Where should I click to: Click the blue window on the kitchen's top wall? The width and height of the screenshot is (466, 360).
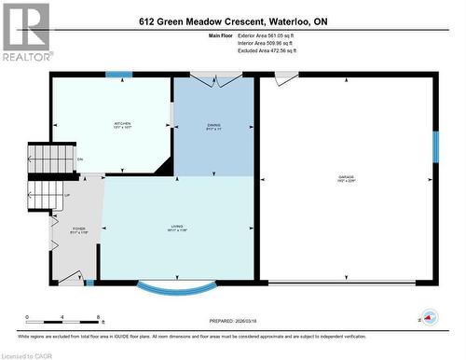coord(118,75)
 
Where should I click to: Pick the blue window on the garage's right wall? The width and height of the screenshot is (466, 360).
coord(434,146)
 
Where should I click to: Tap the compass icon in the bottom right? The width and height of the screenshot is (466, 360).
coord(429,318)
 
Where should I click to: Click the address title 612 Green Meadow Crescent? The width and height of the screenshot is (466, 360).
coord(232,21)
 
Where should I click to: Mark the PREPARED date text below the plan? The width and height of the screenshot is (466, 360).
coord(234,319)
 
